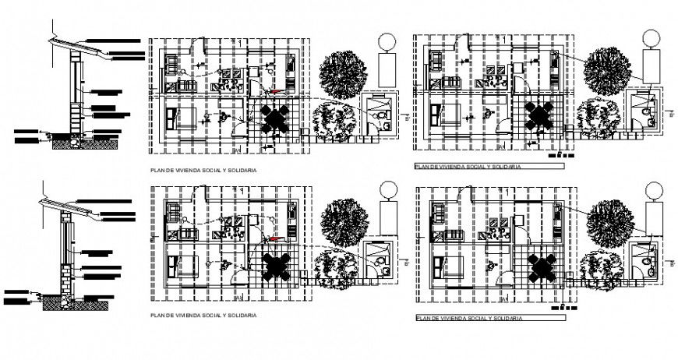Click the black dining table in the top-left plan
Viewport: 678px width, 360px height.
275,118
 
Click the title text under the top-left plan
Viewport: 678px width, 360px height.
203,169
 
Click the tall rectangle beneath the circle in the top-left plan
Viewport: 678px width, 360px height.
387,71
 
